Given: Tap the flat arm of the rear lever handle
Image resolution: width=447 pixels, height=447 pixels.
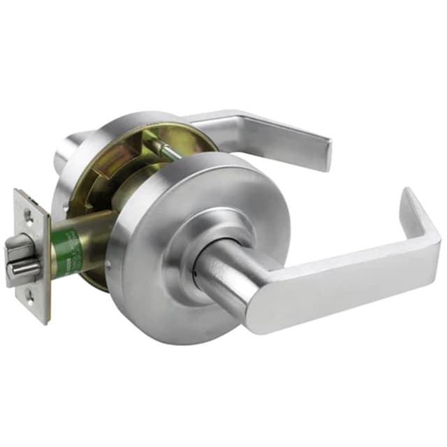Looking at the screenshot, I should click(x=265, y=129).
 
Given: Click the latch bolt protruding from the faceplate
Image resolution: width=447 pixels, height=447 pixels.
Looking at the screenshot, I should click(x=18, y=249).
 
